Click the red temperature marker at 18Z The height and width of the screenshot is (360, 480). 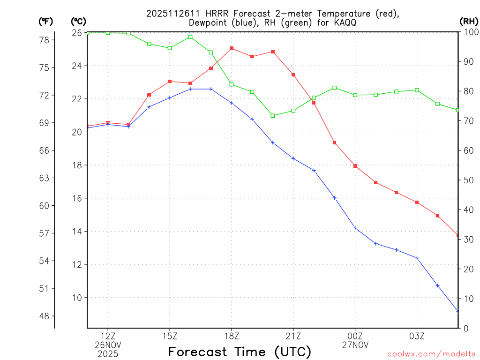[232, 48]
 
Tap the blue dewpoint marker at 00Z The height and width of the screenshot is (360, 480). [355, 228]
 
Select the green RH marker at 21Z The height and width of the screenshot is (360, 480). [293, 111]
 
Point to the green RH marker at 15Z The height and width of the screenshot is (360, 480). [170, 48]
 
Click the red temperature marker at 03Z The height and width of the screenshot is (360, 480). [417, 202]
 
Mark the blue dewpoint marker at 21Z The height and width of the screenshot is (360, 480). [293, 158]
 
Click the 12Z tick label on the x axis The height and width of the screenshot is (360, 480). [108, 336]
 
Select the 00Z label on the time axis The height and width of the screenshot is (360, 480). [355, 336]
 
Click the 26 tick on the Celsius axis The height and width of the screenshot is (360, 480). [77, 33]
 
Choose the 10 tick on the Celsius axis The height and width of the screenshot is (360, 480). [77, 298]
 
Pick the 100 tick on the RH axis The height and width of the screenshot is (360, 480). [469, 32]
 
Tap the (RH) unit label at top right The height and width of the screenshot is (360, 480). [469, 21]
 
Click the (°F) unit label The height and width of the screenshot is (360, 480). [45, 21]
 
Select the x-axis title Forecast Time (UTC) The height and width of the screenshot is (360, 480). [240, 352]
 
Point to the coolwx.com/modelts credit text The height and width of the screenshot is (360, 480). [431, 354]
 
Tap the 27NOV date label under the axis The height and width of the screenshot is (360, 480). [355, 345]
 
